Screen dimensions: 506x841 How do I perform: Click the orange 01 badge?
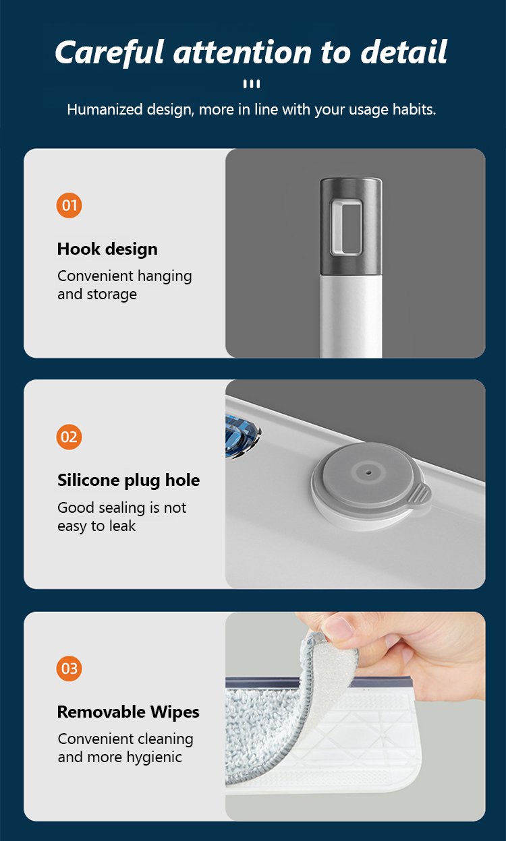pos(69,206)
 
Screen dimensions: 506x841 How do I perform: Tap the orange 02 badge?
pos(69,437)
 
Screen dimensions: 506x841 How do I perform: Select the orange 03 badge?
pos(69,668)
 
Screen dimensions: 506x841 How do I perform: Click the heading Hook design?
pos(107,249)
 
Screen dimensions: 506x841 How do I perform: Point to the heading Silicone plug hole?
pos(129,480)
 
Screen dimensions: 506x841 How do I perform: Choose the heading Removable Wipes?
pos(128,712)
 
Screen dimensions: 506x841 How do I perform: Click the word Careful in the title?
pos(110,52)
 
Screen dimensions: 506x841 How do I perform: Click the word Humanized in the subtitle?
pos(105,110)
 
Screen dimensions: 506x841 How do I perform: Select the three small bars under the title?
pos(252,84)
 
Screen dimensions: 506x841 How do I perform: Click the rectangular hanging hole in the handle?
pos(346,228)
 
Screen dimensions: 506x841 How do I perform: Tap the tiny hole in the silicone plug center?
pos(369,472)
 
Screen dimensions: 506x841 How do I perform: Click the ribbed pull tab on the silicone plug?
pos(422,495)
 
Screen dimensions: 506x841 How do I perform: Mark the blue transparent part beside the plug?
pos(242,436)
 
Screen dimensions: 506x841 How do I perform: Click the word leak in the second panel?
pos(122,526)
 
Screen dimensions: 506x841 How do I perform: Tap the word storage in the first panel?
pos(111,294)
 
